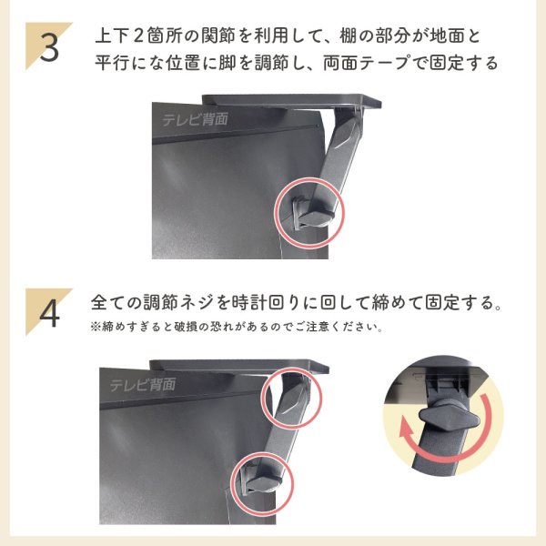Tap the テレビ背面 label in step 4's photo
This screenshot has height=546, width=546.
click(x=143, y=384)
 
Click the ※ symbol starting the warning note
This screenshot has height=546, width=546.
click(x=95, y=326)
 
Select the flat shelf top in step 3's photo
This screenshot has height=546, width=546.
click(x=291, y=99)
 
